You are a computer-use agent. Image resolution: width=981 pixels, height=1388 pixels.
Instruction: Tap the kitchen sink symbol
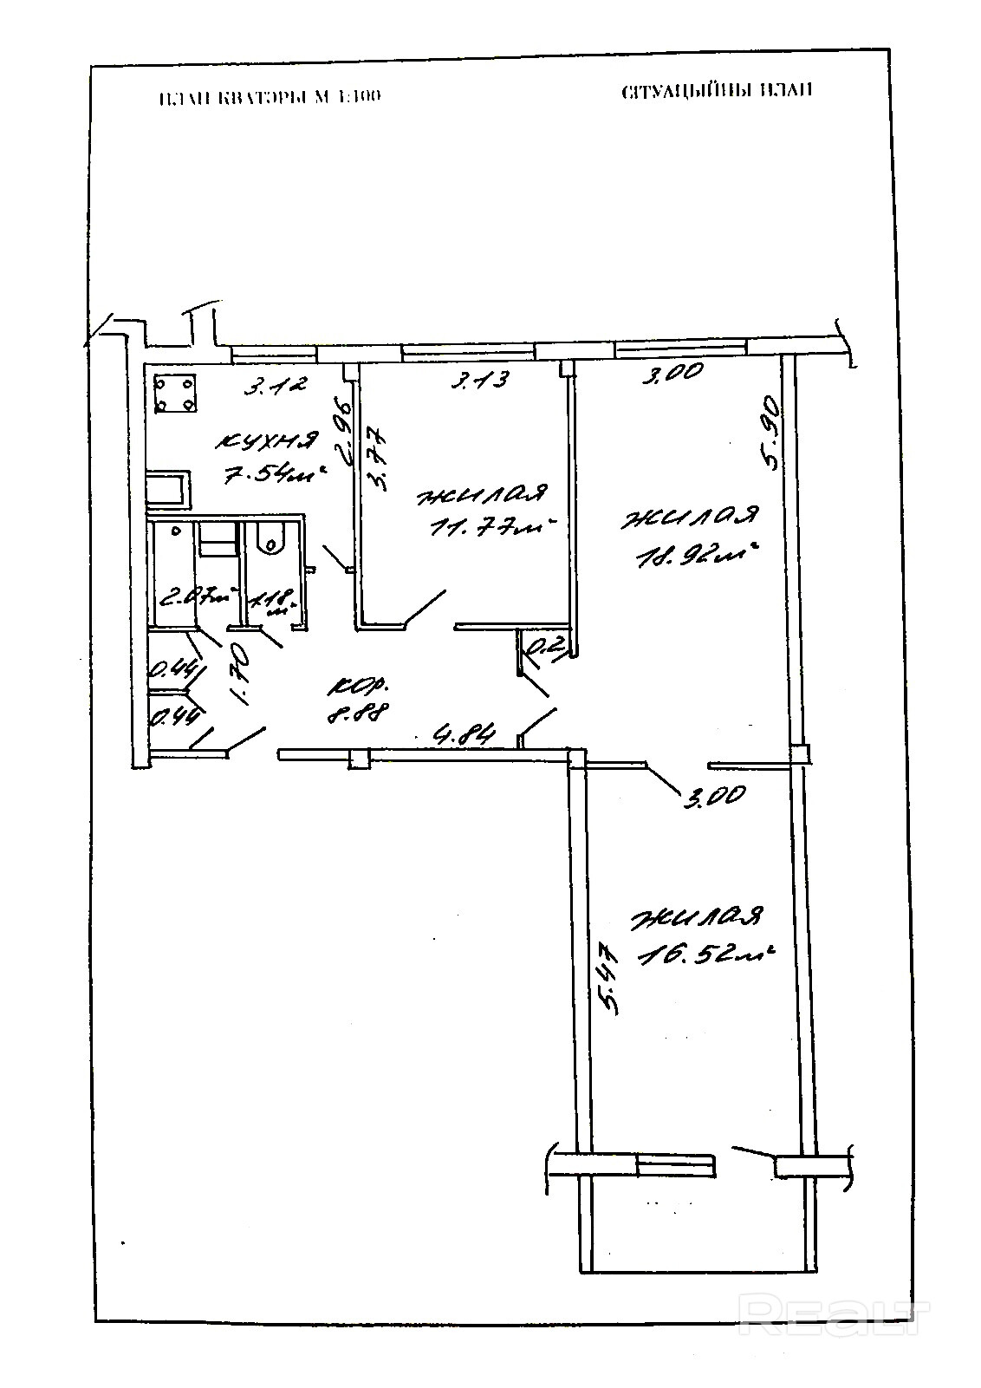[x=167, y=488]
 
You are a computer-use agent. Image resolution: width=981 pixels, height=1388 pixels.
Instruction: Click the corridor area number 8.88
[x=356, y=715]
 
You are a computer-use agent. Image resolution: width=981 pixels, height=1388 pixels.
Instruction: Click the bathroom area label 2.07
[x=195, y=596]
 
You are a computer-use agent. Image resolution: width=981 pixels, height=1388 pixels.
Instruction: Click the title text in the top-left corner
[x=270, y=97]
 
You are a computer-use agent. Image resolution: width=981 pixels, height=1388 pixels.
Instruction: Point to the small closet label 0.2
[x=546, y=645]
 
